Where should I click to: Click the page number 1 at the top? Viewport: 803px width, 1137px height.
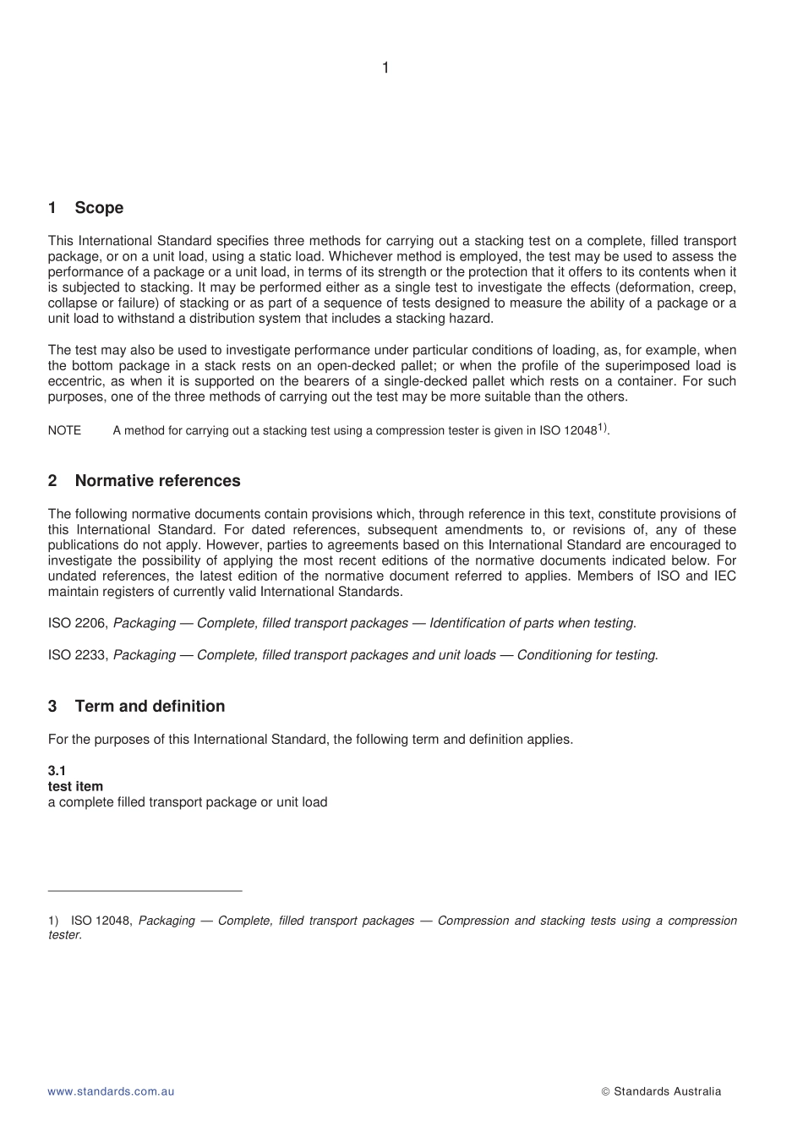(x=385, y=68)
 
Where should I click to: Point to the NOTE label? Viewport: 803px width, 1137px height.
(x=64, y=431)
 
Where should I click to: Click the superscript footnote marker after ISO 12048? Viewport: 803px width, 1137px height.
(x=603, y=428)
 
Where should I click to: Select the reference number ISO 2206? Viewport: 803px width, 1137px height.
(x=78, y=624)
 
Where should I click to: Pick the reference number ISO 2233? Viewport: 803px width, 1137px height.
(x=78, y=655)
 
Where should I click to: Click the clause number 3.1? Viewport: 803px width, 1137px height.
(x=57, y=771)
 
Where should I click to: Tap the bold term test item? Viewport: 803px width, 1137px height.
(x=75, y=786)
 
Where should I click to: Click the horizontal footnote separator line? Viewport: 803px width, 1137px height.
(x=145, y=890)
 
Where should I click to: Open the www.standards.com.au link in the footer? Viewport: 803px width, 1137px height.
(x=111, y=1091)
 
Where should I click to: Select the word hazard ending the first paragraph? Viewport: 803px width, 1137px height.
(x=470, y=319)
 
